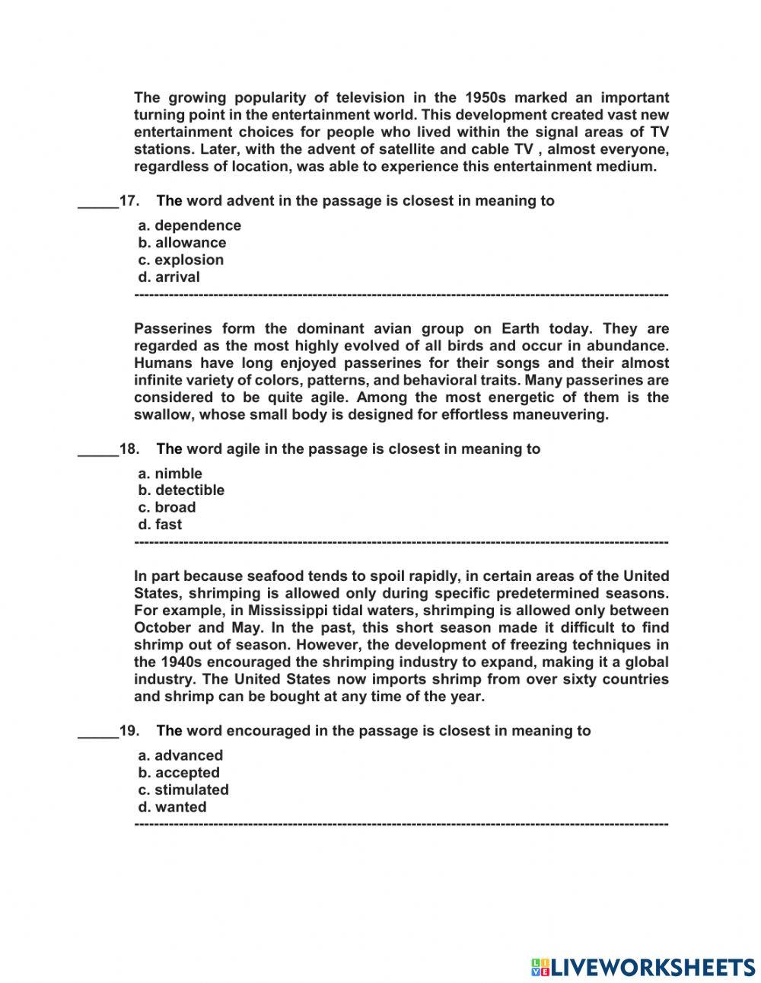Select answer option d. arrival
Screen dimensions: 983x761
(169, 277)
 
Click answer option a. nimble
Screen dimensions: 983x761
(170, 474)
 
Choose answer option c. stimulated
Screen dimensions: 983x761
(183, 790)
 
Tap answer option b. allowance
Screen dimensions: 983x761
(182, 243)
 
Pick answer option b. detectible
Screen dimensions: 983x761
(181, 490)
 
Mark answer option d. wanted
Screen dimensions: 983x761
(172, 807)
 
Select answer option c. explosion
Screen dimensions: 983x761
(181, 260)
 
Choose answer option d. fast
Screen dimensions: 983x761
(160, 525)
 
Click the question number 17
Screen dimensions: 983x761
(129, 201)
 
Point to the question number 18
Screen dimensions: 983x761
(129, 449)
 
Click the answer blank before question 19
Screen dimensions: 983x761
(98, 732)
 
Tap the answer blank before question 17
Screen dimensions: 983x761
(98, 203)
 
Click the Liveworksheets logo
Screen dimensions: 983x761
(642, 967)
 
